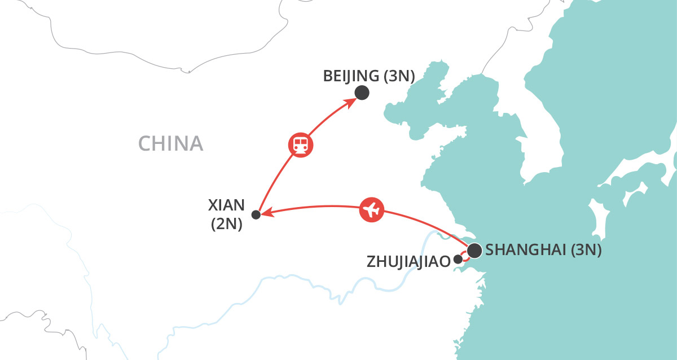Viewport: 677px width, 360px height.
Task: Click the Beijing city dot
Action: (362, 93)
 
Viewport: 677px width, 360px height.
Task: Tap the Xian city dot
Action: (256, 214)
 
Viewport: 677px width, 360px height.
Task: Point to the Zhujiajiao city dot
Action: (458, 260)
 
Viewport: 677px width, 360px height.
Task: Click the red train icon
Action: (300, 144)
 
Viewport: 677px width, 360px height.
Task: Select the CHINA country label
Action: (170, 144)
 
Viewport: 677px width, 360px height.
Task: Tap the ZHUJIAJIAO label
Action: (408, 261)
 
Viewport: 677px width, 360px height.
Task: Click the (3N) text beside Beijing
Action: (399, 76)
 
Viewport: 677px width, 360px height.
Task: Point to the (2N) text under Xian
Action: (226, 225)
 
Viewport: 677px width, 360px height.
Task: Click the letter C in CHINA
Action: (144, 144)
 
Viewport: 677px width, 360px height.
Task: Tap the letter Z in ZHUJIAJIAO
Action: (371, 261)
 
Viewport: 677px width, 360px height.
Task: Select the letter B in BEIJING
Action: (328, 76)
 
